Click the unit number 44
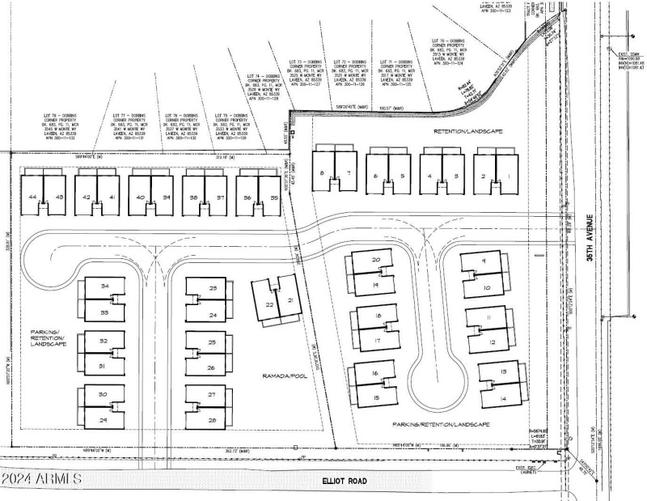click(x=32, y=197)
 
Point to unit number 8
click(x=322, y=174)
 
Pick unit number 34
click(x=104, y=287)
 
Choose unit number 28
click(x=212, y=421)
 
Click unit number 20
click(x=376, y=260)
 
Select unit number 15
click(x=375, y=399)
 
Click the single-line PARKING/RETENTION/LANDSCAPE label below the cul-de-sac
click(x=442, y=424)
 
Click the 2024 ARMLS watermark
click(x=42, y=479)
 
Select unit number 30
click(x=104, y=394)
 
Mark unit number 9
click(x=483, y=261)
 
